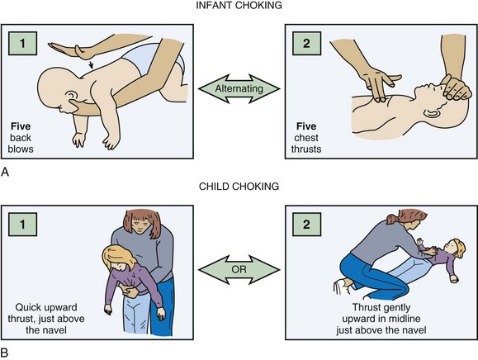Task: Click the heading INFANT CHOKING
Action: click(x=239, y=5)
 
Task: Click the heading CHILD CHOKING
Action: click(x=239, y=187)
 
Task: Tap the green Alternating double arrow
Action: click(x=239, y=88)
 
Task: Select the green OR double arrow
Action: click(x=239, y=270)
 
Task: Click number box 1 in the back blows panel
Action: click(x=22, y=43)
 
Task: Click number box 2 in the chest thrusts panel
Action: click(x=306, y=43)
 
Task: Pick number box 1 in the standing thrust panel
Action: click(x=22, y=225)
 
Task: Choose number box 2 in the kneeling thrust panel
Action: click(x=306, y=225)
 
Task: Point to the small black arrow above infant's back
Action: click(x=91, y=64)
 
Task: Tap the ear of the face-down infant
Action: click(x=71, y=97)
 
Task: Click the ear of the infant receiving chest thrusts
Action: click(x=431, y=113)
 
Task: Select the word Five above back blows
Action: click(x=21, y=126)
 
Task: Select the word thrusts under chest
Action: click(x=306, y=149)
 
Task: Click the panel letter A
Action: click(x=5, y=173)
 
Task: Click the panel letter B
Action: click(x=5, y=353)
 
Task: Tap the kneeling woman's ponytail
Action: click(x=392, y=218)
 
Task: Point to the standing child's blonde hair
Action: click(x=117, y=257)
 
